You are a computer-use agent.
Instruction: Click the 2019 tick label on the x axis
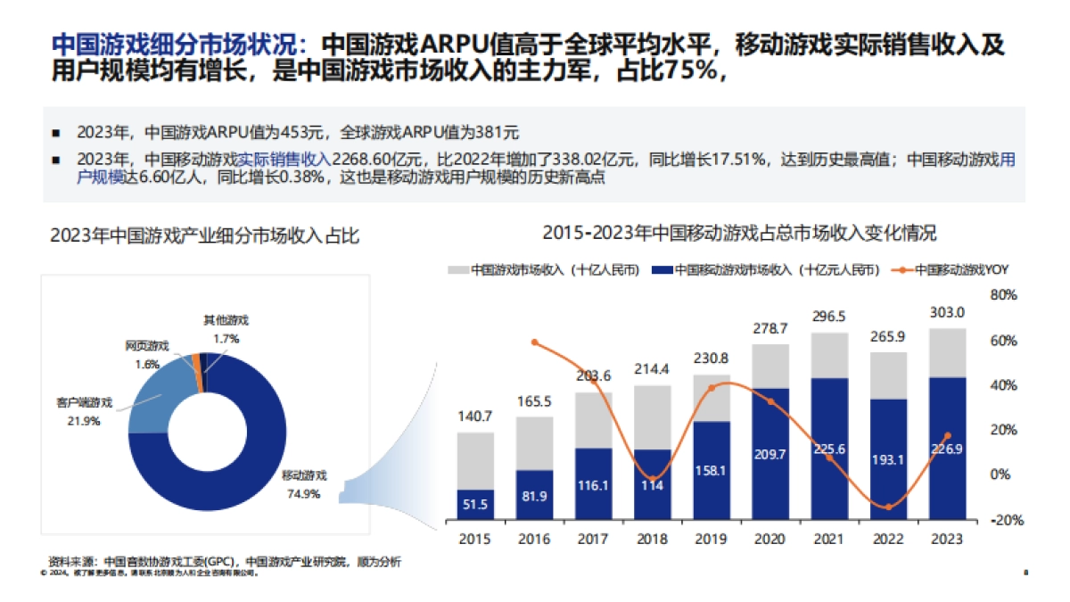[711, 539]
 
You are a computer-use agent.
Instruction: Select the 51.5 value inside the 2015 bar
[475, 505]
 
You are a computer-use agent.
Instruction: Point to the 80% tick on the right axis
[1003, 295]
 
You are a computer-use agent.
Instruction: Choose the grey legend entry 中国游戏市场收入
[543, 269]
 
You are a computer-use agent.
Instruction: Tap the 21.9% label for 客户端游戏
[85, 420]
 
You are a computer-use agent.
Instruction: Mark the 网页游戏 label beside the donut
[146, 346]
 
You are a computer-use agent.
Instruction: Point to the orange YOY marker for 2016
[534, 342]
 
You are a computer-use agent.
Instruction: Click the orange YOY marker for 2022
[887, 507]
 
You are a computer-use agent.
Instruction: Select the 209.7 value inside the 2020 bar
[770, 454]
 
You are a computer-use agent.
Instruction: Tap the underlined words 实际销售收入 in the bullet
[284, 160]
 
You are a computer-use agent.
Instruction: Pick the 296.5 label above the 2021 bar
[829, 317]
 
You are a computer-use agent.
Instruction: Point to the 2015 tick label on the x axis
[475, 539]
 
